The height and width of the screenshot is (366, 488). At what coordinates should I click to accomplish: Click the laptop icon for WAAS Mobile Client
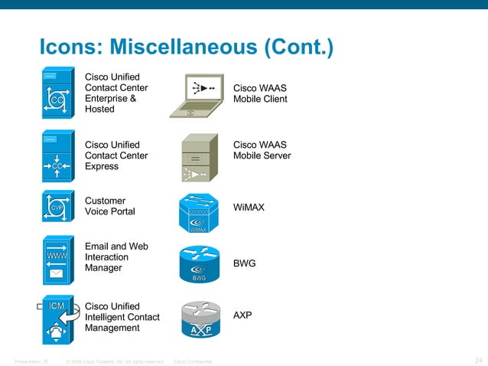[x=197, y=96]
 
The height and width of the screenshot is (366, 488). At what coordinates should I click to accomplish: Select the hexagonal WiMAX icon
[x=198, y=212]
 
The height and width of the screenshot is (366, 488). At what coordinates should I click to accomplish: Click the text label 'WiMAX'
[x=249, y=208]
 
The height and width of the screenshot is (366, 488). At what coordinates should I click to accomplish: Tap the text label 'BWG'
[x=244, y=263]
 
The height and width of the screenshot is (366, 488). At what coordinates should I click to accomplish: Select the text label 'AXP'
[x=242, y=315]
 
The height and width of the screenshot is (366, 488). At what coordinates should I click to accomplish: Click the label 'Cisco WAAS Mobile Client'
[x=260, y=93]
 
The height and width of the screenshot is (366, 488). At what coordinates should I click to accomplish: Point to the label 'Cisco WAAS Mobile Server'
[x=262, y=150]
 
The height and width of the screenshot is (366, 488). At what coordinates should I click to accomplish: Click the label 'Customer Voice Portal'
[x=109, y=206]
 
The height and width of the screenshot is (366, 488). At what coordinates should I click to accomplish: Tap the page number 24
[x=478, y=360]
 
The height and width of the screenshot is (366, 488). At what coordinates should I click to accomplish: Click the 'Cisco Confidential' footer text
[x=193, y=361]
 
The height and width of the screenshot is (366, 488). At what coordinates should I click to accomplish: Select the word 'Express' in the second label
[x=102, y=166]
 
